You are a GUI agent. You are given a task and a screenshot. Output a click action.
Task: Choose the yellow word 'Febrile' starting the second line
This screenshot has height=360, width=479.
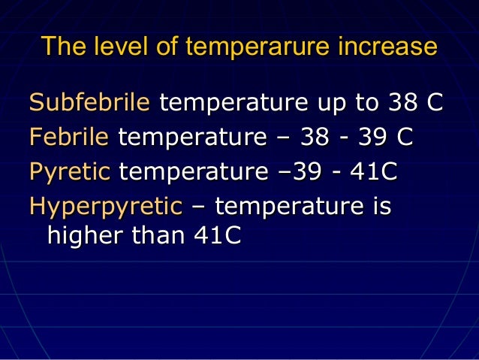[x=70, y=138]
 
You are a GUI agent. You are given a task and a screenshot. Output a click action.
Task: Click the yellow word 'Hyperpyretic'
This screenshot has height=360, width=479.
[x=105, y=206]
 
